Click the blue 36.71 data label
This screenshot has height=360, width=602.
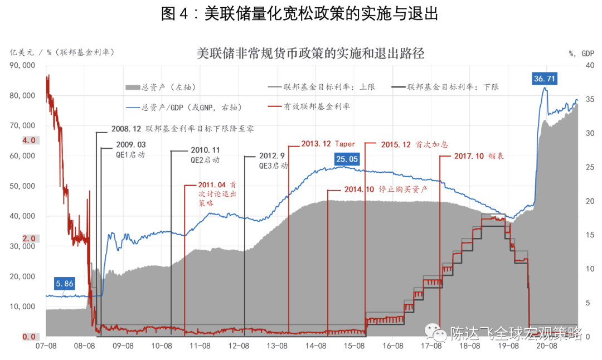[x=544, y=79]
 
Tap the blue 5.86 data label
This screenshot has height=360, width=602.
[x=64, y=283]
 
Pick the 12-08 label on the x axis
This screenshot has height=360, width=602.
[x=238, y=346]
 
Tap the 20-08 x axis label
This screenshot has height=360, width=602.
[x=547, y=346]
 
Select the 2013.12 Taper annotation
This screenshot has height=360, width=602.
[x=328, y=143]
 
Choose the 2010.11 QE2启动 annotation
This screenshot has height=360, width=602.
[x=206, y=155]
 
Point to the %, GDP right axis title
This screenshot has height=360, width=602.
[x=581, y=53]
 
